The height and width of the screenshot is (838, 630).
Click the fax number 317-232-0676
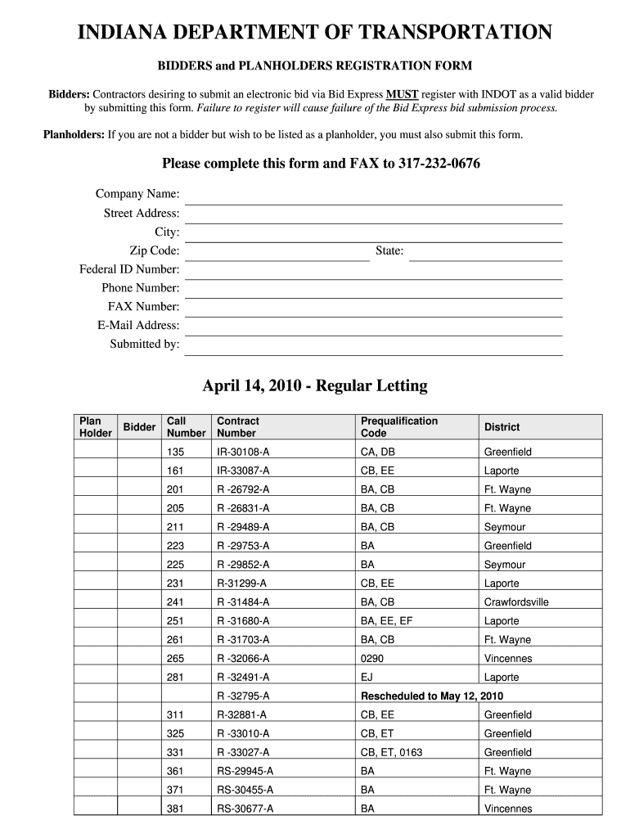(x=439, y=164)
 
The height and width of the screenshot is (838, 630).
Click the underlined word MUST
(x=402, y=95)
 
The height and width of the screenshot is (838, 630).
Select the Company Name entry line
(x=374, y=196)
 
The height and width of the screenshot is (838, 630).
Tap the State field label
(x=389, y=250)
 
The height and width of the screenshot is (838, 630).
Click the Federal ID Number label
(x=129, y=269)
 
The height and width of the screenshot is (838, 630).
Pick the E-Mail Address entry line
(x=374, y=327)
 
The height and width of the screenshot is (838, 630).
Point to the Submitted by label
(x=145, y=345)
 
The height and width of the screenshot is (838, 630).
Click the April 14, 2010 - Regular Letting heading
(x=315, y=385)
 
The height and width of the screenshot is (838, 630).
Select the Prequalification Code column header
(x=399, y=427)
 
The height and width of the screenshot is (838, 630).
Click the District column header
(x=502, y=427)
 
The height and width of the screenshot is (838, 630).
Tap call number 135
(x=175, y=452)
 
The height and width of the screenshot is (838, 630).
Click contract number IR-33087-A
(x=243, y=471)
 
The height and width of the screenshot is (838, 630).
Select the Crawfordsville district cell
(x=516, y=602)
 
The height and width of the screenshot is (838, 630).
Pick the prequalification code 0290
(x=372, y=659)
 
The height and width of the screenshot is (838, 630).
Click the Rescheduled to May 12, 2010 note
(x=432, y=696)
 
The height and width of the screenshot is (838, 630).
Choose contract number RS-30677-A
(x=245, y=809)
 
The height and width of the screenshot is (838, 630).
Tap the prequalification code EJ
(x=367, y=678)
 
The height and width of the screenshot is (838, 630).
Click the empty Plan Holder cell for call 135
(x=96, y=452)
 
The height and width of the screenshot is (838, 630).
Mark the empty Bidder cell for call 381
(x=139, y=809)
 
